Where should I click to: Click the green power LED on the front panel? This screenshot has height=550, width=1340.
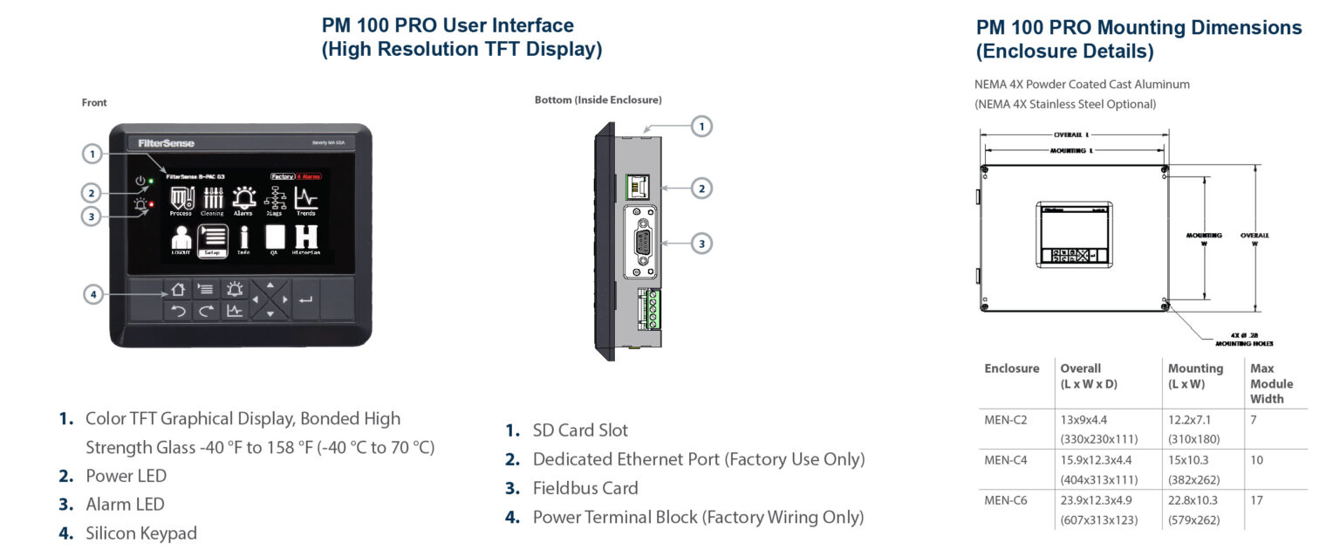pos(151,182)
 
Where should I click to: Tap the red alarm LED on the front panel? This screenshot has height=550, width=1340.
pos(151,205)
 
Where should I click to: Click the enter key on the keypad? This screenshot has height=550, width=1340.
pos(305,299)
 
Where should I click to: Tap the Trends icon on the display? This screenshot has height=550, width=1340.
pos(305,200)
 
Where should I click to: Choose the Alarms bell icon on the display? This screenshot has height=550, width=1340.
pos(243,200)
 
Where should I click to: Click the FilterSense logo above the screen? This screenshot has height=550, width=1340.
pos(166,143)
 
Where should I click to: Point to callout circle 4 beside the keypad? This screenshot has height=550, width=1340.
pos(93,294)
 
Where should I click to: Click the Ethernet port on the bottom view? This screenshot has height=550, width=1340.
pos(638,185)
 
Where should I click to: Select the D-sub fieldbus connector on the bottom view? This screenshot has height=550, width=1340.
pos(641,244)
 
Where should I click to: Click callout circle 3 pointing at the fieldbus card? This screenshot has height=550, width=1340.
pos(702,244)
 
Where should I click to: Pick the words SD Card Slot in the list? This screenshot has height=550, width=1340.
pos(580,430)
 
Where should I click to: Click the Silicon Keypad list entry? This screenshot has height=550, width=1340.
pos(141,533)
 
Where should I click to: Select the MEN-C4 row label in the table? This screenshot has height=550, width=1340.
pos(1006,460)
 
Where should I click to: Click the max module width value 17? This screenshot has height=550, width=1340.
pos(1257,500)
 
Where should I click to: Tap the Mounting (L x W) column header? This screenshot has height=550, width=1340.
pos(1195,375)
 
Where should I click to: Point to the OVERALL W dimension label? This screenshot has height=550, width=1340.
pos(1255,239)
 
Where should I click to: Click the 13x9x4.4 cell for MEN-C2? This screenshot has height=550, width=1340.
pos(1083,420)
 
